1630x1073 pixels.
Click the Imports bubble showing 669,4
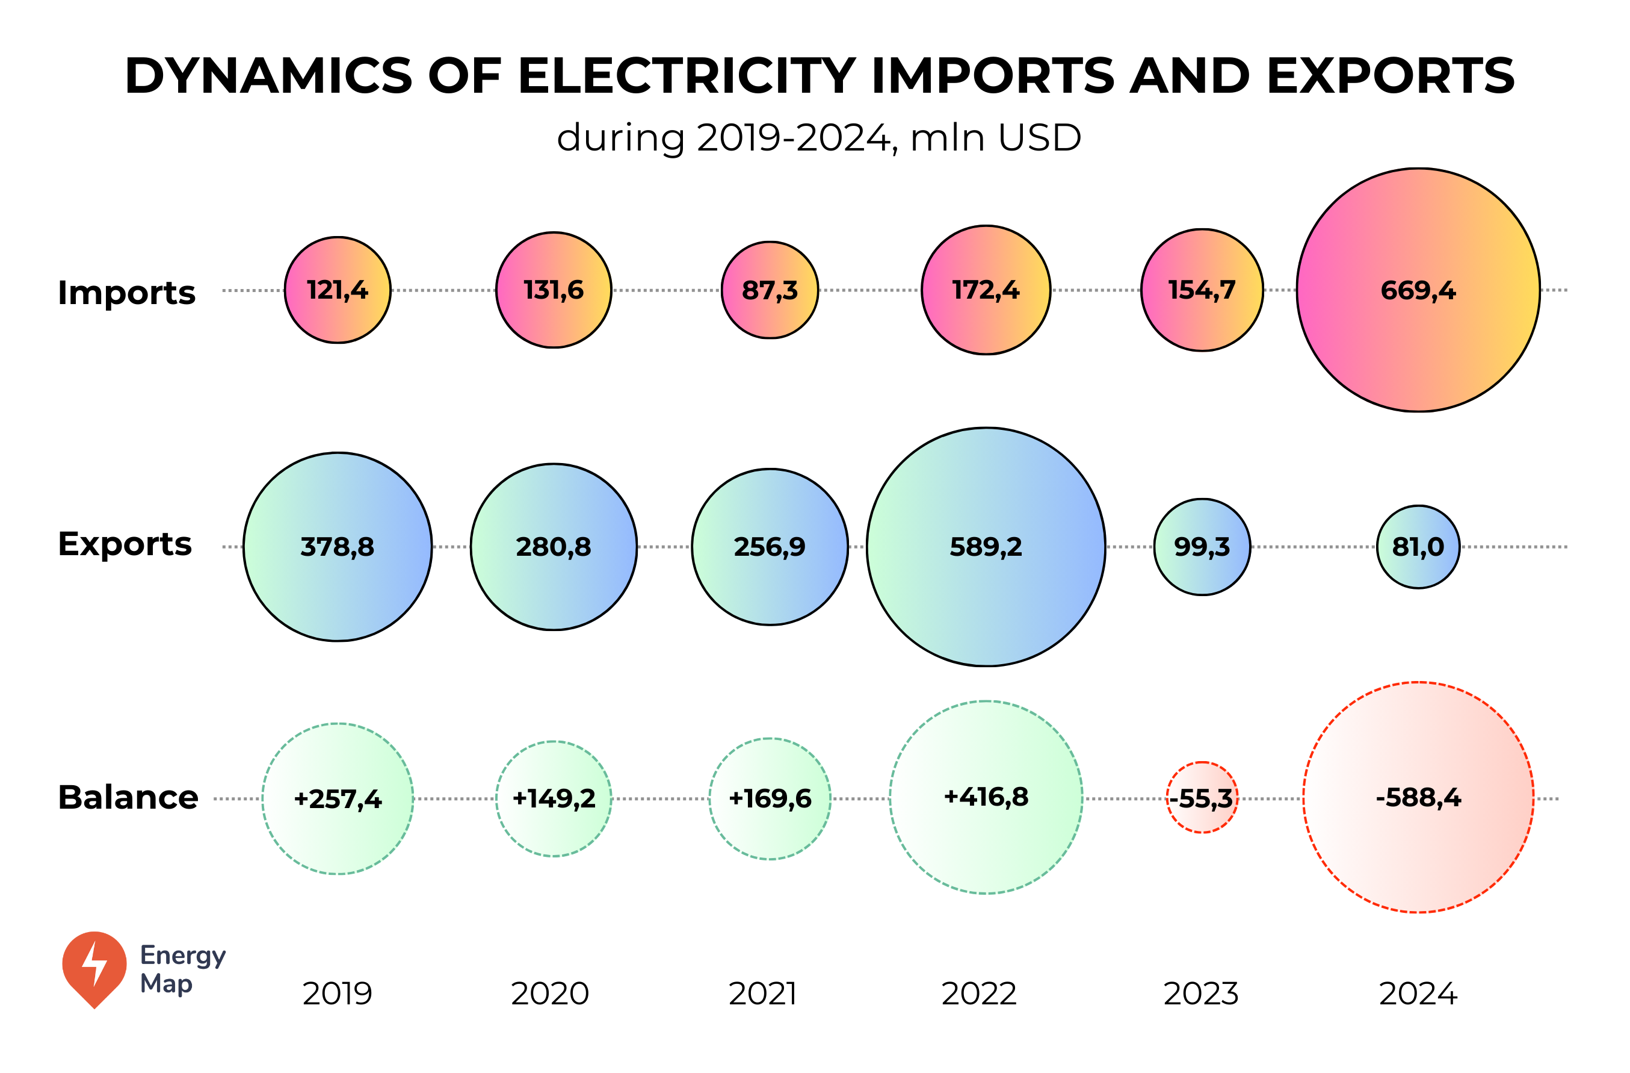pos(1418,290)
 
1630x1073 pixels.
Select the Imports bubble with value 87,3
pos(770,290)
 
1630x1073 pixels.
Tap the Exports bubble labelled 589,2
pos(986,547)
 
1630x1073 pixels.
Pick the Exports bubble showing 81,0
pos(1418,547)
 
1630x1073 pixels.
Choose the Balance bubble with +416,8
pos(986,797)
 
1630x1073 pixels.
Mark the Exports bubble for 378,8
pos(338,547)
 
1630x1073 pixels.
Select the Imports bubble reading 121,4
pos(338,290)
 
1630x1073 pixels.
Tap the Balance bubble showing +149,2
pos(554,798)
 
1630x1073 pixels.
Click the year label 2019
pos(337,994)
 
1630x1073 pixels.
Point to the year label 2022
pos(979,994)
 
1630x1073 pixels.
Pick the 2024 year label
pos(1418,994)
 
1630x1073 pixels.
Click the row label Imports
pos(127,293)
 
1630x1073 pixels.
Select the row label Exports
pos(125,544)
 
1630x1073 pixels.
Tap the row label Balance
pos(128,797)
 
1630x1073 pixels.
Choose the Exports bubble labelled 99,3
pos(1202,547)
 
